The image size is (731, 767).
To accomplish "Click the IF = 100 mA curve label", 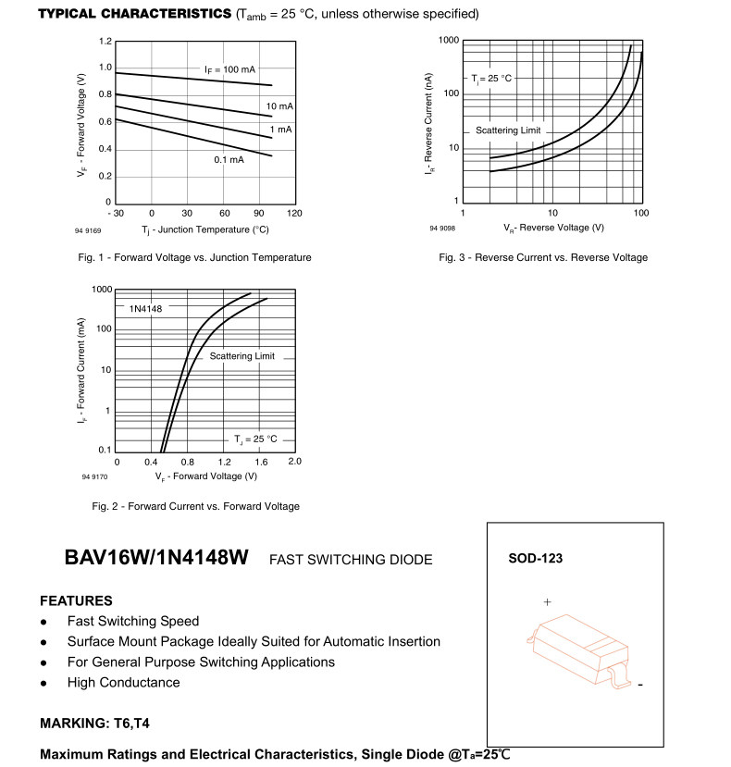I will [x=229, y=69].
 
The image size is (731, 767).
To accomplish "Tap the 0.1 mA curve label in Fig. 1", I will [x=229, y=160].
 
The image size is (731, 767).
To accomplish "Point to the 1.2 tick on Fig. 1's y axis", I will [x=105, y=42].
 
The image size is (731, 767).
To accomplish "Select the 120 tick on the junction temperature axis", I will [x=294, y=214].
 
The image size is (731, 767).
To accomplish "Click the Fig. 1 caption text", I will [x=194, y=257].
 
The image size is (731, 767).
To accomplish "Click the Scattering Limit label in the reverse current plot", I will [x=508, y=130].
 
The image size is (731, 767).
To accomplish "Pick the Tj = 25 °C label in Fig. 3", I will [x=491, y=79].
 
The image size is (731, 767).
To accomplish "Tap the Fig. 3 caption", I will [x=543, y=257].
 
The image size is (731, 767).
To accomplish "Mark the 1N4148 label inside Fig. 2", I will [x=146, y=309].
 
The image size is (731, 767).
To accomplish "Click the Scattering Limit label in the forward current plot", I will [x=242, y=356].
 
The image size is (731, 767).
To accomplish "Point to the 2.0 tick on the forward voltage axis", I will [x=294, y=461].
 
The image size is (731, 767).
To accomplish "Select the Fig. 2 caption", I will [x=196, y=506].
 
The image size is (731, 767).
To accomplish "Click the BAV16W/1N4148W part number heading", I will [x=156, y=559].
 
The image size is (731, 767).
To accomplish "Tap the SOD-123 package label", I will [x=535, y=559].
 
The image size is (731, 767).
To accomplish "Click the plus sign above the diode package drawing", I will [x=547, y=602].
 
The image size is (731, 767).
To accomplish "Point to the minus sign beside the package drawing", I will [x=639, y=686].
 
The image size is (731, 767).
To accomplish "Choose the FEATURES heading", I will [x=77, y=600].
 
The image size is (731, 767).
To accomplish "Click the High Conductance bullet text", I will [x=124, y=683].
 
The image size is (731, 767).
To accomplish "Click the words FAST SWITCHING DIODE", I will [x=351, y=560].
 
